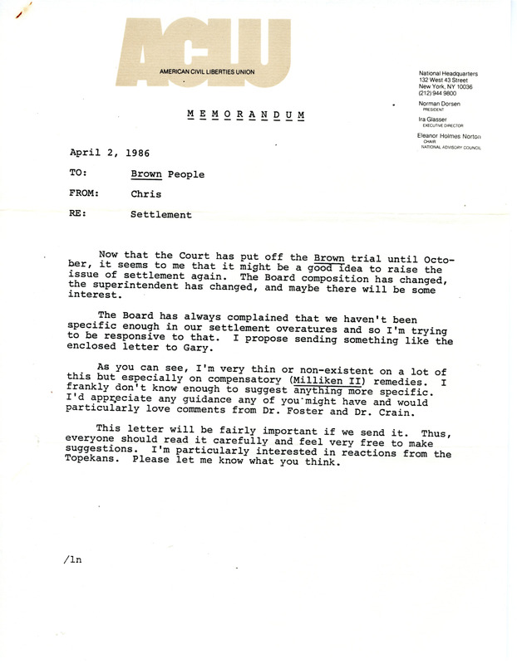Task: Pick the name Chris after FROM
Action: click(x=147, y=194)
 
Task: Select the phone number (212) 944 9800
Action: click(x=441, y=93)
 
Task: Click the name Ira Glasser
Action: click(x=436, y=120)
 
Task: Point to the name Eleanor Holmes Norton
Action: click(x=455, y=134)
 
